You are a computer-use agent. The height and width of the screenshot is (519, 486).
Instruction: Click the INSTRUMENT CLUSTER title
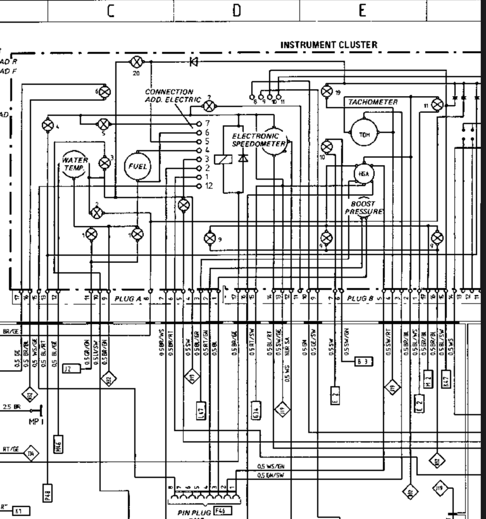[329, 45]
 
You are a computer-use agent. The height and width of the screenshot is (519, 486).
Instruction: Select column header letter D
[237, 11]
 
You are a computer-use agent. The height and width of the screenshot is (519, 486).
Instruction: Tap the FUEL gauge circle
[137, 166]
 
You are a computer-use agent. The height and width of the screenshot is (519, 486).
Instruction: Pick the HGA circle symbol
[364, 174]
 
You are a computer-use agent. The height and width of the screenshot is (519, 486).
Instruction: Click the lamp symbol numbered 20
[136, 62]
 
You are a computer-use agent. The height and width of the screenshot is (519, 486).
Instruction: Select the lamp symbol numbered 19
[327, 91]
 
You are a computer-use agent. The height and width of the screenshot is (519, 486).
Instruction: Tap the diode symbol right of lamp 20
[194, 62]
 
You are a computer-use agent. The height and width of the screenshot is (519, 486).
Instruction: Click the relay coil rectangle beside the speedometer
[223, 159]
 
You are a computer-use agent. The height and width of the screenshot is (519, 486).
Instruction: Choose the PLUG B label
[360, 298]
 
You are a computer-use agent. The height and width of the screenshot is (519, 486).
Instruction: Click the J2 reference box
[71, 369]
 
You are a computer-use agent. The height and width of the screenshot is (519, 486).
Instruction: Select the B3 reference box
[363, 362]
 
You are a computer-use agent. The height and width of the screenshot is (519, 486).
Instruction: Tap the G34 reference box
[256, 410]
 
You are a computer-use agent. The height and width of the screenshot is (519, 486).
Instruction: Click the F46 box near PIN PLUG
[223, 510]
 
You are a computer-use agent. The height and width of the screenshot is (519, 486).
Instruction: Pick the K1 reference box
[21, 511]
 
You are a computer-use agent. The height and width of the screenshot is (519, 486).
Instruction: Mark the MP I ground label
[36, 422]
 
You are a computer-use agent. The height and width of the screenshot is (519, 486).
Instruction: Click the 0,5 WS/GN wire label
[271, 466]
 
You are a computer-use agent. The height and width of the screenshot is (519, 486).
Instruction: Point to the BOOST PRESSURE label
[363, 207]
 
